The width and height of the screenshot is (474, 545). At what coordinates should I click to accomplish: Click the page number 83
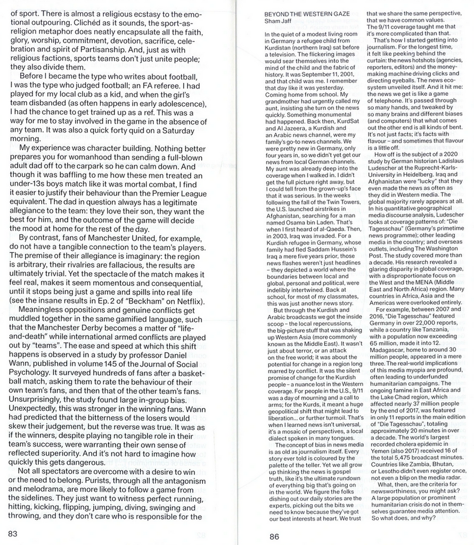pos(13,533)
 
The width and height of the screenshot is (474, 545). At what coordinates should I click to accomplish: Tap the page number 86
pos(274,536)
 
